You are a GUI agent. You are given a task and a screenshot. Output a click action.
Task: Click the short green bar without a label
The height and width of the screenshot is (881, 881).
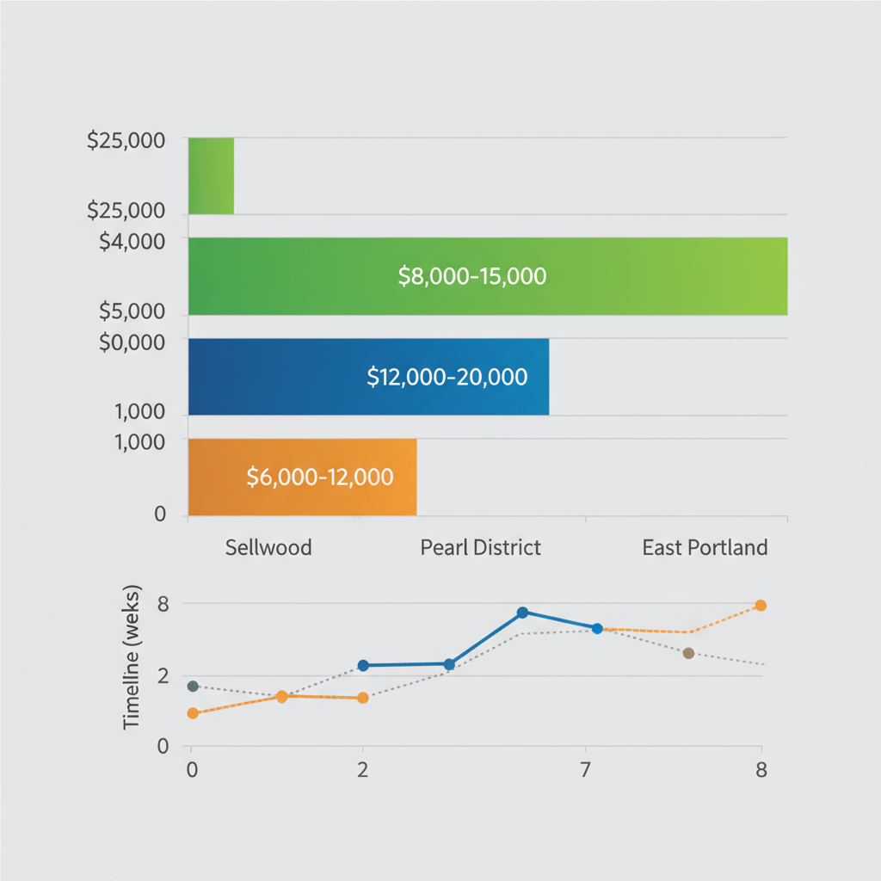[211, 176]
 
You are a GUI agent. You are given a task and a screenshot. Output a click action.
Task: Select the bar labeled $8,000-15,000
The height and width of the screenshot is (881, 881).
[488, 276]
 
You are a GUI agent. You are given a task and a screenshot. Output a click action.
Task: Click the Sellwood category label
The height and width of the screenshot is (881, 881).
[268, 547]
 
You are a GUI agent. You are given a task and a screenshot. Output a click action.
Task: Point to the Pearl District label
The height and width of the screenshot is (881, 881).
[481, 547]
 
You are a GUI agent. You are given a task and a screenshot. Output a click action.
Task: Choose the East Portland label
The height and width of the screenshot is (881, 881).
[705, 547]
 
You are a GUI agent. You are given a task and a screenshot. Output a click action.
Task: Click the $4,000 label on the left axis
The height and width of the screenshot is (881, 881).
[132, 243]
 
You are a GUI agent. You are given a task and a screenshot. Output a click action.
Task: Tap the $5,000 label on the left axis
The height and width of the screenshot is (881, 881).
[132, 311]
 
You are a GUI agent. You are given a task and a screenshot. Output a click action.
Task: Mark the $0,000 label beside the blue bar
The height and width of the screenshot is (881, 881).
[132, 342]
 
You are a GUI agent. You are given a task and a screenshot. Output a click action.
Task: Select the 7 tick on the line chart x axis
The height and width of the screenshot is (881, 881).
[585, 770]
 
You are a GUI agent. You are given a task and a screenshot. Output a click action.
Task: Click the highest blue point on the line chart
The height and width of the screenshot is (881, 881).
[522, 613]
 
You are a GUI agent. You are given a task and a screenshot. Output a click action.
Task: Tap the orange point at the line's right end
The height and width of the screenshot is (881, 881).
[761, 606]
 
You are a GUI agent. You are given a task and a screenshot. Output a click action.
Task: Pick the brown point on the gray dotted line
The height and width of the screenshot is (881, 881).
[688, 653]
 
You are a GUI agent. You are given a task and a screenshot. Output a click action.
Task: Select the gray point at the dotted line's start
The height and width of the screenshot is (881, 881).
[193, 686]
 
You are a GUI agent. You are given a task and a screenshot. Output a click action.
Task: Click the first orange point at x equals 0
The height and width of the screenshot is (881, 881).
[193, 713]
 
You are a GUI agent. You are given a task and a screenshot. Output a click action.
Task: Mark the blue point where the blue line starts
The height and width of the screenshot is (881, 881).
[363, 665]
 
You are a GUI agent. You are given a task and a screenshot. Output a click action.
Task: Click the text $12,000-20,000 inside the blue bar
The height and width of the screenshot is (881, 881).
[447, 377]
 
